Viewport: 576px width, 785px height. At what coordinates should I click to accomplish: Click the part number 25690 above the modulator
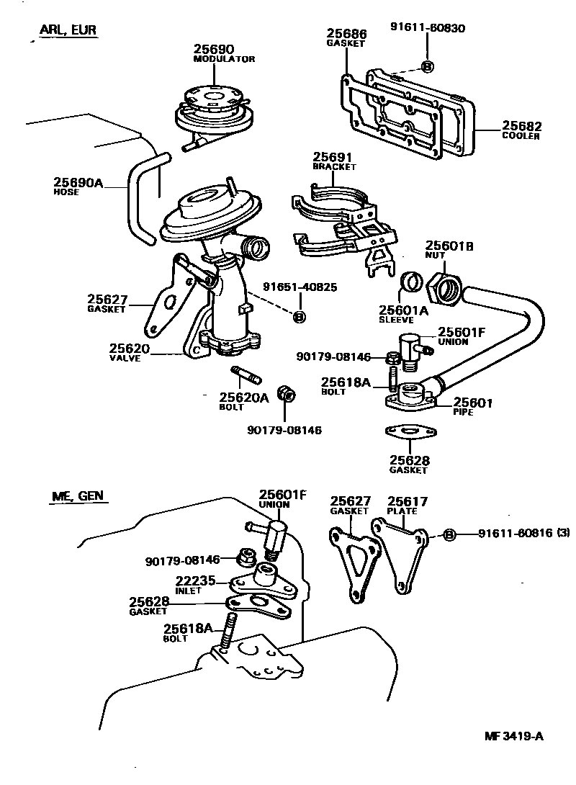tap(213, 49)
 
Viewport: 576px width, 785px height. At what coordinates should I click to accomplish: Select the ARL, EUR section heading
tap(67, 30)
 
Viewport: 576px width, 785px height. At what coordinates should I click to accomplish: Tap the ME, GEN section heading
tap(77, 495)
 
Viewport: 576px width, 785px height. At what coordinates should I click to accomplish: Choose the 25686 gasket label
tap(346, 33)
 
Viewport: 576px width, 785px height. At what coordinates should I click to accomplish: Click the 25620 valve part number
tap(129, 349)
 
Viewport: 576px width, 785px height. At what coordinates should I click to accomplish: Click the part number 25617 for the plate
tap(408, 501)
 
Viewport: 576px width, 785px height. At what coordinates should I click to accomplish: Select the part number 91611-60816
tap(514, 534)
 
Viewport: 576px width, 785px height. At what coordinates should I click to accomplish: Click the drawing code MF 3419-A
tap(513, 736)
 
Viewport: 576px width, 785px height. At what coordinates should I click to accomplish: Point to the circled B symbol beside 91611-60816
tap(449, 534)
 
